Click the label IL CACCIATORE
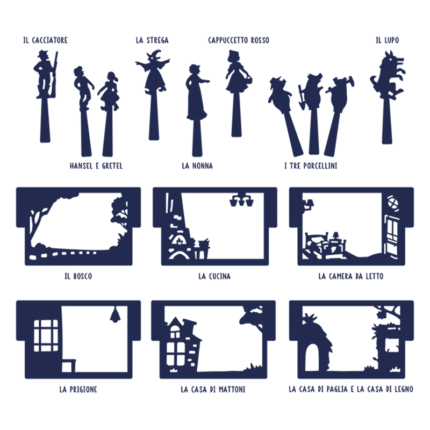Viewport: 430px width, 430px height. coord(46,40)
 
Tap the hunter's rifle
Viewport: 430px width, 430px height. coord(55,74)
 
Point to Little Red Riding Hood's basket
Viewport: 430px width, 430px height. coord(249,79)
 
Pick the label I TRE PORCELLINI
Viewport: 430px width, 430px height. coord(311,166)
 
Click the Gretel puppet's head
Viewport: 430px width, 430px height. coord(112,76)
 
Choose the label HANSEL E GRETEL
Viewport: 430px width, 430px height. coord(96,166)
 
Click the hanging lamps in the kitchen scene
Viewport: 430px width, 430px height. coord(241,200)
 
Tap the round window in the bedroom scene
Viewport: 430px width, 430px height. coord(393,204)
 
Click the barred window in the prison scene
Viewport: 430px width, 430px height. coord(46,335)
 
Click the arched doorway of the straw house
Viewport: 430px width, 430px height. coord(313,357)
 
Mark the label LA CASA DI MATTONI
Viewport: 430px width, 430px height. coord(213,389)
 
